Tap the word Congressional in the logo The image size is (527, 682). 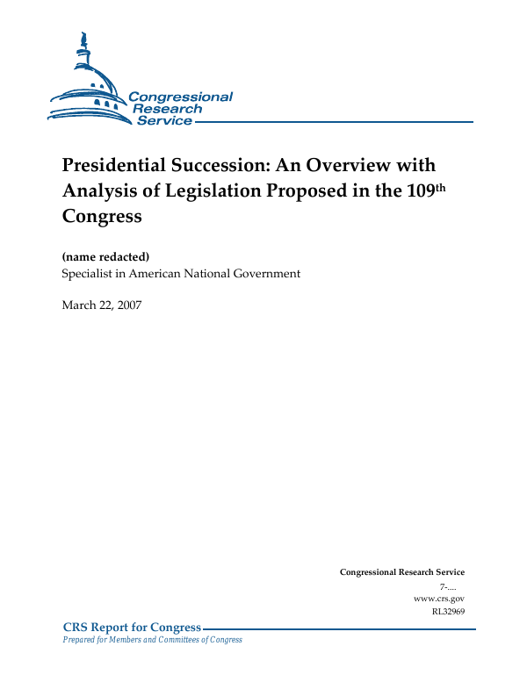coord(180,97)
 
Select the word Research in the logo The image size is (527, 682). coord(168,109)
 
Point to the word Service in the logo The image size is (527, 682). coord(164,121)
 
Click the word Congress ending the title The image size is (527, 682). coord(102,214)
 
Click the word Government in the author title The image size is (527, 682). coord(260,274)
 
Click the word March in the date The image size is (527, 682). coord(79,305)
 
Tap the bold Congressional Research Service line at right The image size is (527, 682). coord(402,572)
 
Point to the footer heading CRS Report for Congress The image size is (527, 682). coord(132,627)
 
